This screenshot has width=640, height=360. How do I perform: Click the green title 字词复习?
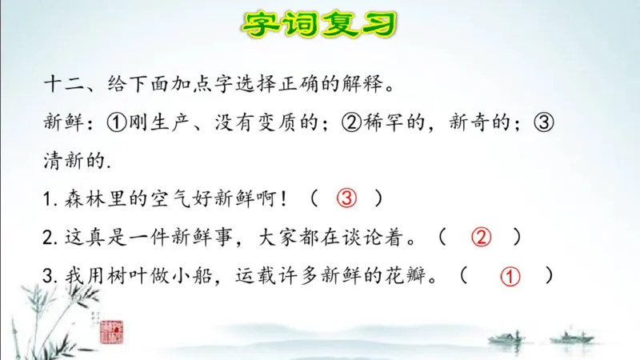coord(319,25)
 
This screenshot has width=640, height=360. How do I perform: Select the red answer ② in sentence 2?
coord(480,237)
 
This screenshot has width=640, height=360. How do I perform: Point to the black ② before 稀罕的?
coord(352,122)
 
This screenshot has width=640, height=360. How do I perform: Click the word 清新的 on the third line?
coord(74,160)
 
